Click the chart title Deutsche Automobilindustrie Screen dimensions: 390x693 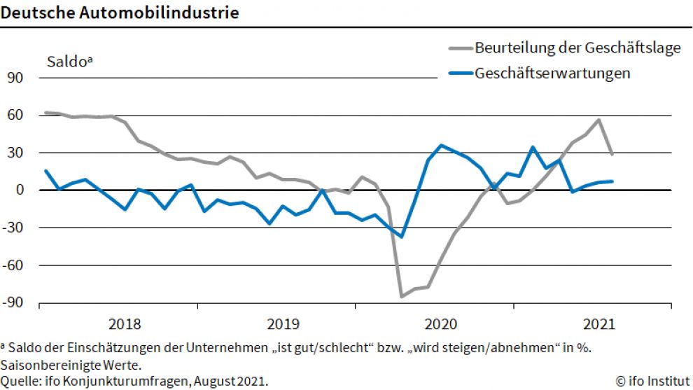click(119, 13)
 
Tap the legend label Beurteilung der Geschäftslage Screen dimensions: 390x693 click(577, 48)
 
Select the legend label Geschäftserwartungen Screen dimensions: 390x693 click(552, 73)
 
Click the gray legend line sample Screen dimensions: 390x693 click(459, 48)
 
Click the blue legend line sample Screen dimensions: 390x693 click(459, 73)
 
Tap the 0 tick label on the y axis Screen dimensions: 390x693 click(20, 190)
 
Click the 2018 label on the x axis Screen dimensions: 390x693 click(125, 324)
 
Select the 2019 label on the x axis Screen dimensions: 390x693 click(283, 324)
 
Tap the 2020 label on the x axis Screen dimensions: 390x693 click(441, 324)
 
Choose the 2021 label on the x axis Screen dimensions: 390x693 click(598, 324)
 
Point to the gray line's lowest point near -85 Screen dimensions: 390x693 click(402, 297)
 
